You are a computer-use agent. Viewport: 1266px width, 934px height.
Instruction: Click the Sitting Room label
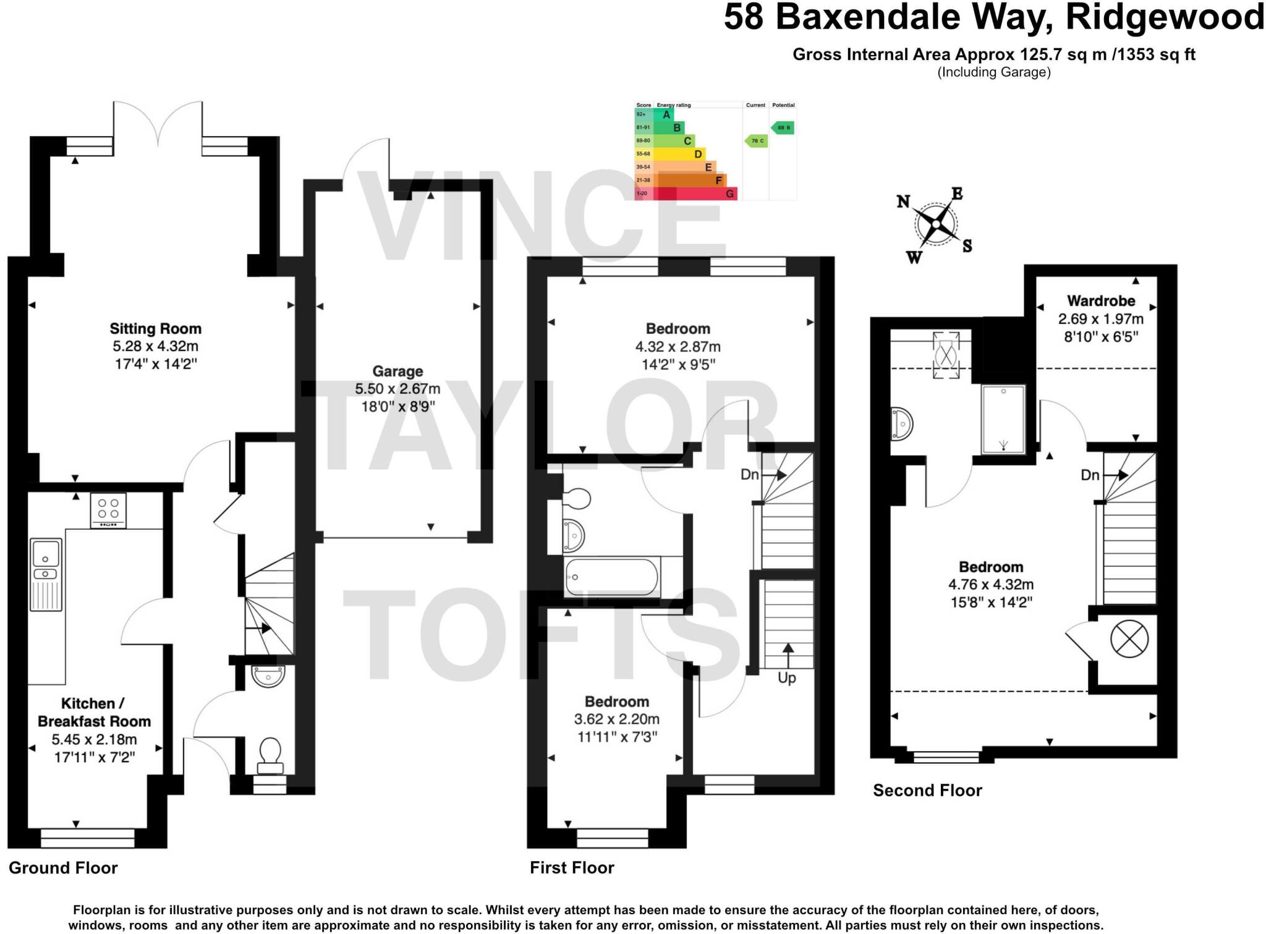155,329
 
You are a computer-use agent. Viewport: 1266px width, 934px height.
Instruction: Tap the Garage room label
397,371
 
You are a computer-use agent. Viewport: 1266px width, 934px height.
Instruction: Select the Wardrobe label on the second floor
1101,301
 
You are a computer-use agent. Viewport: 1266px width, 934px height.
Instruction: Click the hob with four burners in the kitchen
108,510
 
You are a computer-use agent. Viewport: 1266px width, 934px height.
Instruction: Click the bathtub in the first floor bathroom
611,577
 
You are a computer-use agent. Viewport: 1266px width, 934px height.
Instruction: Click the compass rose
937,224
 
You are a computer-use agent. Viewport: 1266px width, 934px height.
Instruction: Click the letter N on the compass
903,202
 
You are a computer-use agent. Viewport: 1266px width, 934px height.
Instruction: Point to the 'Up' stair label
787,677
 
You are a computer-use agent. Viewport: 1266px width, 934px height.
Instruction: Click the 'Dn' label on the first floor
750,475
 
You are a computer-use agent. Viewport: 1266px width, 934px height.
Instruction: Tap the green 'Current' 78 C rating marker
756,141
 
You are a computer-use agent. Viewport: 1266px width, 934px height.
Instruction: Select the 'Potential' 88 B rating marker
783,128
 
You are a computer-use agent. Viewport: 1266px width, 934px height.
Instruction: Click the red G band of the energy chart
695,193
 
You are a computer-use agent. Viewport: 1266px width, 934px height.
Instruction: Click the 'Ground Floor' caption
63,868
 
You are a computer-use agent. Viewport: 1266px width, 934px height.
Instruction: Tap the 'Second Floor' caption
927,791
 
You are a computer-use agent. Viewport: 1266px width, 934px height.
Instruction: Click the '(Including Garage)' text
994,72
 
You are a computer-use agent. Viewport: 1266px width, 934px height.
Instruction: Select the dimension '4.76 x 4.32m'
991,585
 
